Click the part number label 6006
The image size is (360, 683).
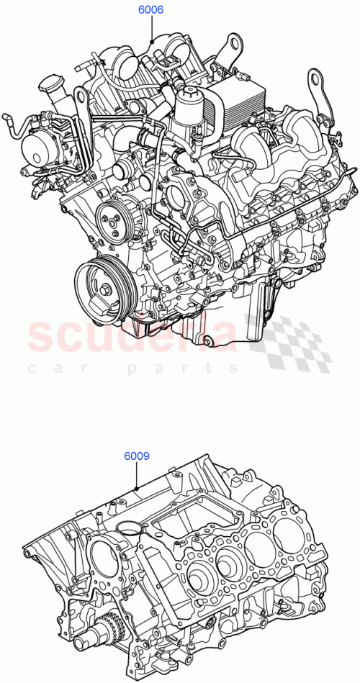point(150,10)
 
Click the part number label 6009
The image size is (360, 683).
point(136,456)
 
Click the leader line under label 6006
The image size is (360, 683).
point(151,29)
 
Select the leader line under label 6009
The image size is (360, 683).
point(137,476)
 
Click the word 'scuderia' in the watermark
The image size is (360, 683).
point(133,335)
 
